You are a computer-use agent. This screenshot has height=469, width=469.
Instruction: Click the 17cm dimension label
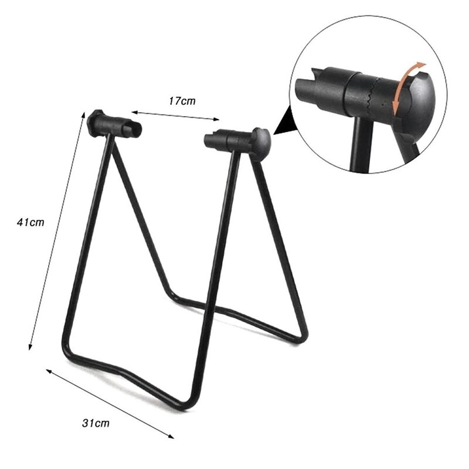click(x=182, y=101)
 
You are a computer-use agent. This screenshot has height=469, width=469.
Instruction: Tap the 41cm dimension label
click(x=30, y=223)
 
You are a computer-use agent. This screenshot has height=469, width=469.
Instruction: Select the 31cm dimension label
click(x=96, y=422)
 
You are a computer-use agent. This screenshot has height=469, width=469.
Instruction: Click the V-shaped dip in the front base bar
click(x=127, y=369)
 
